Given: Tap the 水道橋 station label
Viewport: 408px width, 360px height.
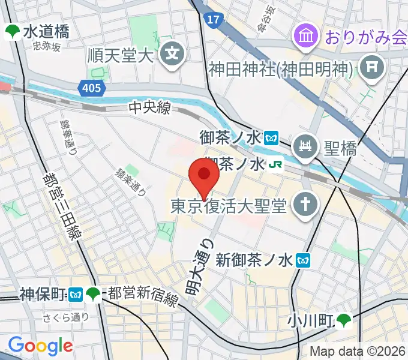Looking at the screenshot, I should tap(46, 32).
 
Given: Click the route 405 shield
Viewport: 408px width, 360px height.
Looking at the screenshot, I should tap(90, 88).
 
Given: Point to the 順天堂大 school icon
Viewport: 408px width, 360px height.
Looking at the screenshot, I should tap(173, 54).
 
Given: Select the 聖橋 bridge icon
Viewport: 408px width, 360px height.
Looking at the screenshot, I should tap(304, 146).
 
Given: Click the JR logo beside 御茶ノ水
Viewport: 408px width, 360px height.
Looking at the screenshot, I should tap(275, 164).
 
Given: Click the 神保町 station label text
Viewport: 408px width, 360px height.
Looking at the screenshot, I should tap(43, 295).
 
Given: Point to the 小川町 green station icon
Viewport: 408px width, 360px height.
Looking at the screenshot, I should tap(344, 321).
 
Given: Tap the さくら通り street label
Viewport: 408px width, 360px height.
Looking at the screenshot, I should tap(66, 317).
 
